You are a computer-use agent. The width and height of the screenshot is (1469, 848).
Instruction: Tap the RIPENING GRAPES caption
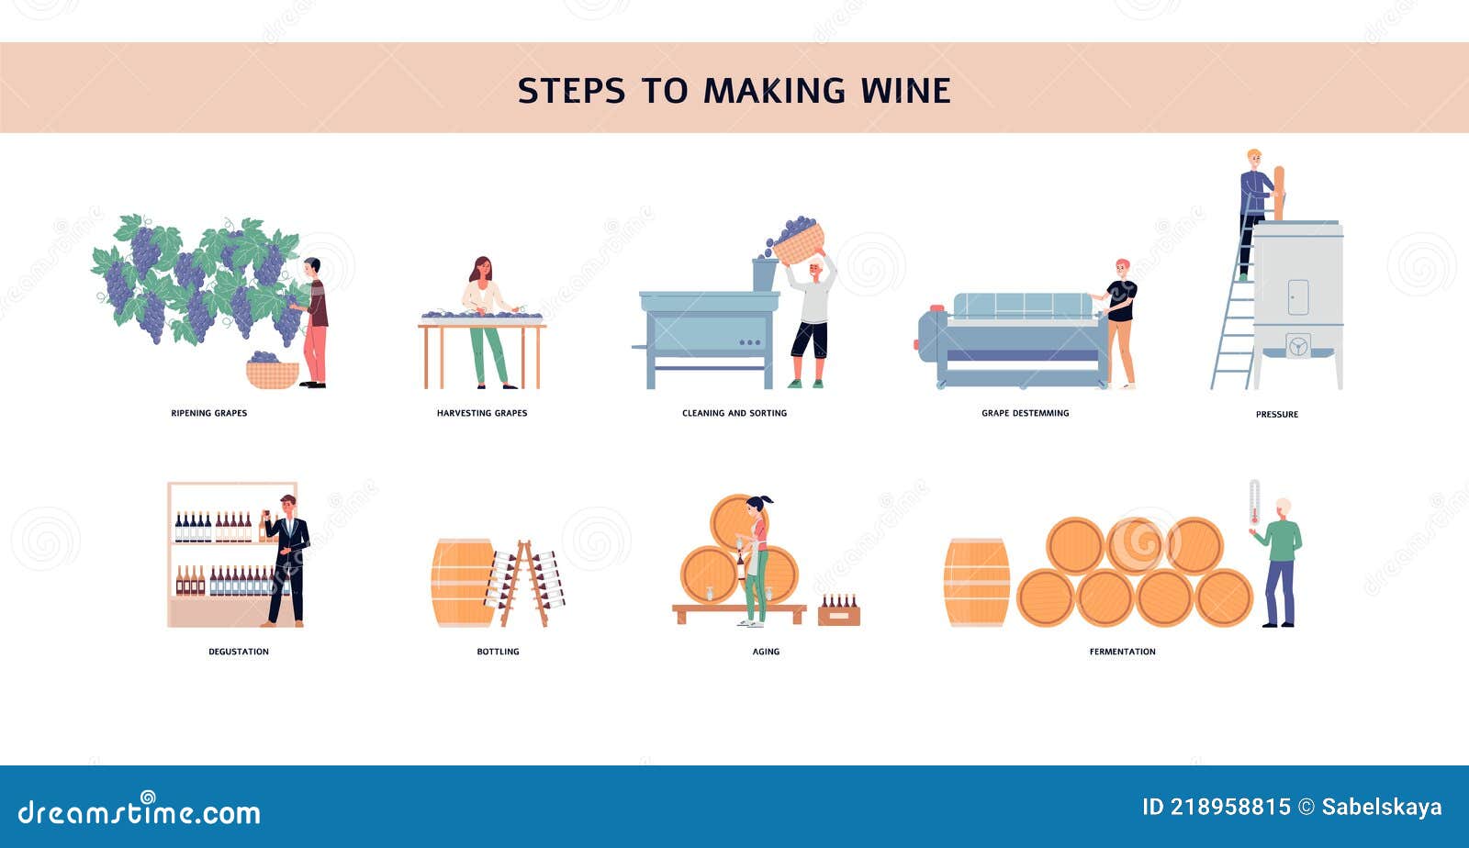tap(209, 414)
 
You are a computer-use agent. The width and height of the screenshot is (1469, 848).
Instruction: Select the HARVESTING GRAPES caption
tap(482, 414)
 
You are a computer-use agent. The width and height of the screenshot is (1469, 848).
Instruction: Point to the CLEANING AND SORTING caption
tap(734, 414)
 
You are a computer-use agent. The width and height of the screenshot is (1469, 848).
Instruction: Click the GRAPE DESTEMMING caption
tap(1025, 414)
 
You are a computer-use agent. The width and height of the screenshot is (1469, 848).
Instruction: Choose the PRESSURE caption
tap(1276, 415)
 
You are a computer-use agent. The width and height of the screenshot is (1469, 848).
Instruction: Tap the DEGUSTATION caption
tap(239, 652)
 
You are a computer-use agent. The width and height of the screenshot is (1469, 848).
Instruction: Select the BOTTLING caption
tap(498, 652)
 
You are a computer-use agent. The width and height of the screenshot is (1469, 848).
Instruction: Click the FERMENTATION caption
tap(1122, 652)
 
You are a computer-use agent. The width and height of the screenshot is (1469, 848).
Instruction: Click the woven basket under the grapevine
tap(272, 374)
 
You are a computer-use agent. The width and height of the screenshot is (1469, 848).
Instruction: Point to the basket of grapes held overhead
tap(797, 241)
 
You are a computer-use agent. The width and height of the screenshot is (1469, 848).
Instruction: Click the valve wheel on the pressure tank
tap(1297, 347)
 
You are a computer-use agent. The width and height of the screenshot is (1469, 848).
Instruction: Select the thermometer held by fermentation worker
tap(1254, 504)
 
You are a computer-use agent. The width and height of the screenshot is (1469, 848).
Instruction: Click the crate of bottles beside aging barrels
tap(838, 612)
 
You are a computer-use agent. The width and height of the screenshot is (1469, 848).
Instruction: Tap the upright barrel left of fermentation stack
tap(976, 583)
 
